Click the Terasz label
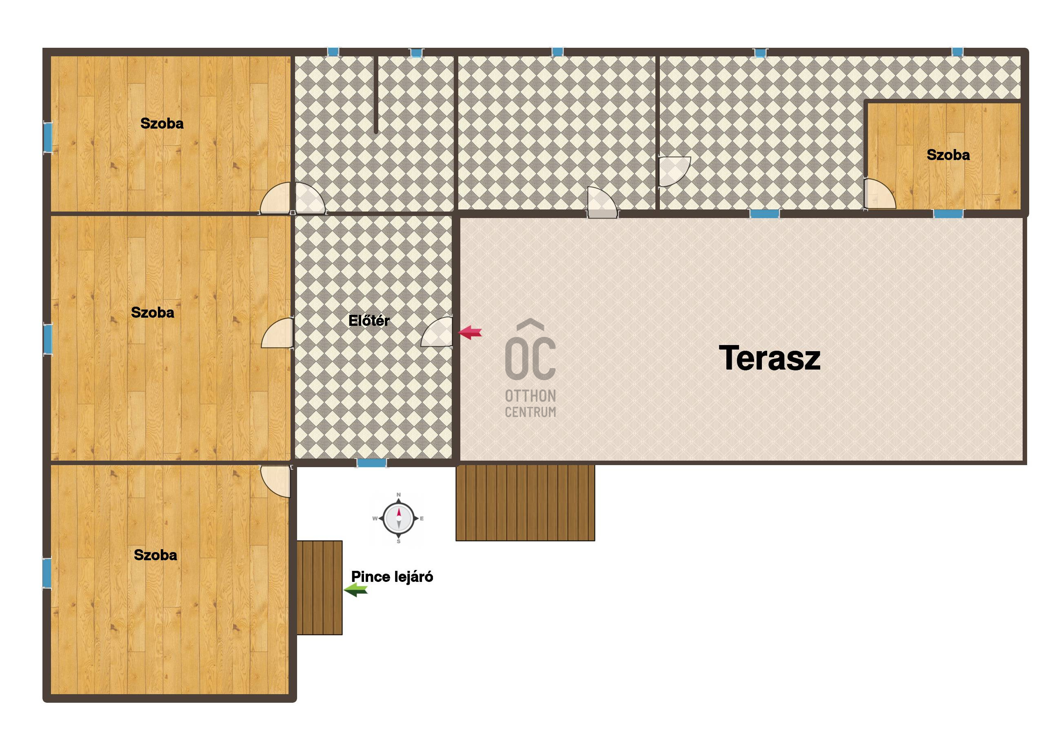point(769,358)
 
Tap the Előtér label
point(368,321)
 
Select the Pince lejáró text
point(392,577)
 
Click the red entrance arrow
point(470,332)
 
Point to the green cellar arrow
point(356,590)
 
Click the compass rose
point(398,518)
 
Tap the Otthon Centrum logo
point(530,368)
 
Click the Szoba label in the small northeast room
point(948,155)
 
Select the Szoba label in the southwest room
point(155,555)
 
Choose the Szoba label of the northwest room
point(162,123)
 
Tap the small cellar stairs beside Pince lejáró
point(319,588)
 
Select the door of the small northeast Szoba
point(879,194)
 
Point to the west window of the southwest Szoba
point(47,573)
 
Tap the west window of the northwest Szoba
point(47,137)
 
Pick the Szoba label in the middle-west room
point(152,313)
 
